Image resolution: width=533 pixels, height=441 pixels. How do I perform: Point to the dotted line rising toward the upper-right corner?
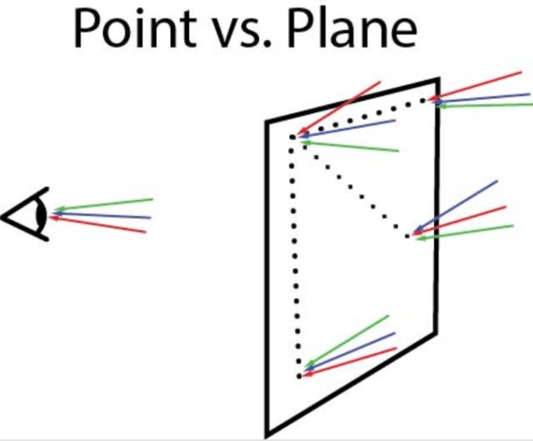tap(358, 116)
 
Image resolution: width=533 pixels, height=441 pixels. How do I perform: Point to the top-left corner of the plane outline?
tap(267, 123)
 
